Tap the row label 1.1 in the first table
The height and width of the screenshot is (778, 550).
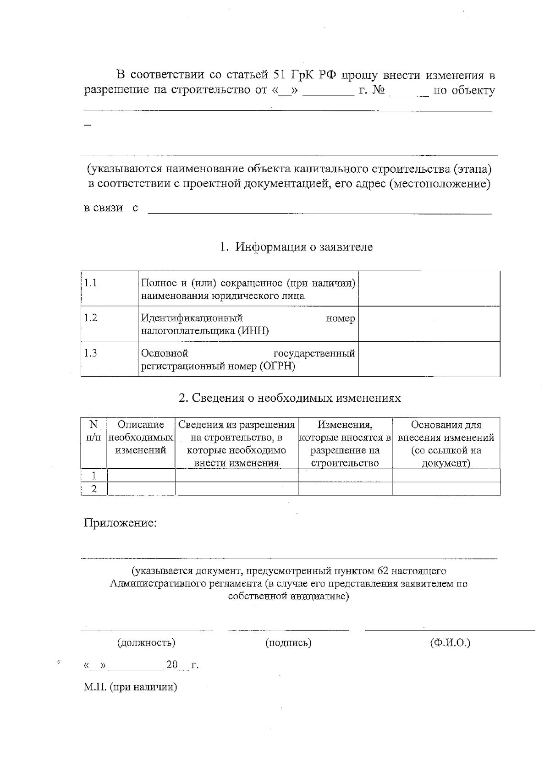point(91,283)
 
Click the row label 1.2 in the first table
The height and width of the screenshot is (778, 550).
point(91,318)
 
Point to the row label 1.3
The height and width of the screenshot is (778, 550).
point(91,353)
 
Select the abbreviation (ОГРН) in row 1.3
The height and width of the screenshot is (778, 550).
point(277,367)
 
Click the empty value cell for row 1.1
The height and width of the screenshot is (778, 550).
point(429,289)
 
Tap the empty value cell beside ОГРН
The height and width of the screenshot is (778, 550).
point(429,359)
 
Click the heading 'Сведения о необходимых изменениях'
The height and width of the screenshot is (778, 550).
point(290,398)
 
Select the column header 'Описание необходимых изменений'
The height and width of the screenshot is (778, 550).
point(141,438)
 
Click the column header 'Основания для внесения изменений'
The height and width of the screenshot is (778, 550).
point(446,444)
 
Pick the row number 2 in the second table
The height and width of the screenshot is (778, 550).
point(94,489)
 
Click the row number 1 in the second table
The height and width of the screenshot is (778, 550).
point(94,476)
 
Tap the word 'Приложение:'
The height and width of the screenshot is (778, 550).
point(120,523)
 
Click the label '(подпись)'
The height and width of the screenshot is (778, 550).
point(288,643)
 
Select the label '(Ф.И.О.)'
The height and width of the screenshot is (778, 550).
point(450,643)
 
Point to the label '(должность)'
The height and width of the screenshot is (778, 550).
point(147,643)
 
